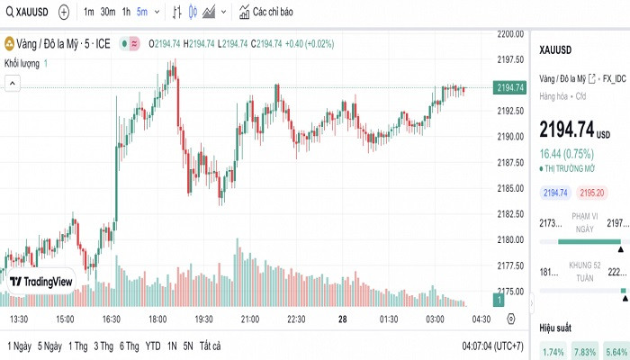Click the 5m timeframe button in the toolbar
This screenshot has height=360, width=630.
click(x=141, y=13)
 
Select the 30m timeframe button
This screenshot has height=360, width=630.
click(x=108, y=13)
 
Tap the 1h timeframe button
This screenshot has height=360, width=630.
click(x=126, y=13)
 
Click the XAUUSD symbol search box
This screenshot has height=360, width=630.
click(x=27, y=13)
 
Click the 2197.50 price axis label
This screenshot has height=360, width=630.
click(x=510, y=59)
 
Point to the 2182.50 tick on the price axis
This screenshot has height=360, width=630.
click(x=510, y=213)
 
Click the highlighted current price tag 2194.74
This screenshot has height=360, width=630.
click(x=510, y=87)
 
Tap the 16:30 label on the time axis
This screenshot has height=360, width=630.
click(x=112, y=319)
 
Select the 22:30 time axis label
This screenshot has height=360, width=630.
click(x=297, y=319)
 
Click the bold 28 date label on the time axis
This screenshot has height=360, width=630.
click(x=343, y=319)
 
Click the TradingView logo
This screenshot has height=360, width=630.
click(x=41, y=282)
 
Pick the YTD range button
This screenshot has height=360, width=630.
click(x=153, y=346)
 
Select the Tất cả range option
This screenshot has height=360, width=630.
click(x=210, y=346)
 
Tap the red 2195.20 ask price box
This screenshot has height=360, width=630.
click(x=592, y=193)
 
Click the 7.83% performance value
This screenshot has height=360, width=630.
click(x=584, y=352)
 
